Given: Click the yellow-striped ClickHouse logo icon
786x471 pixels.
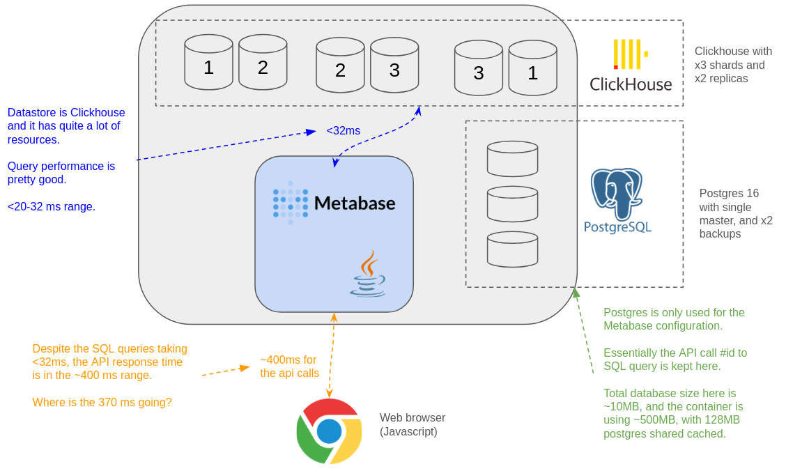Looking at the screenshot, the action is pyautogui.click(x=631, y=54).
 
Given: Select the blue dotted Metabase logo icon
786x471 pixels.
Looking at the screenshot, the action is pyautogui.click(x=291, y=203).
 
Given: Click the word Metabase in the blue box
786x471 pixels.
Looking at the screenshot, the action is pyautogui.click(x=355, y=203).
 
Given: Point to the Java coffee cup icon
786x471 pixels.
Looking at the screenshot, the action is pyautogui.click(x=368, y=274).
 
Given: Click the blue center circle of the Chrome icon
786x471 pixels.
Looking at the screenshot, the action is pyautogui.click(x=330, y=431).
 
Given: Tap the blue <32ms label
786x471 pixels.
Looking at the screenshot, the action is pyautogui.click(x=344, y=131).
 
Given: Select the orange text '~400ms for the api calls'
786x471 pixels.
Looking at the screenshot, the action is pyautogui.click(x=290, y=366).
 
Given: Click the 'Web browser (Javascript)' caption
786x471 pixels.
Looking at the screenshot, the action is pyautogui.click(x=413, y=425).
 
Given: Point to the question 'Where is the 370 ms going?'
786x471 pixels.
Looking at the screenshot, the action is pyautogui.click(x=102, y=402).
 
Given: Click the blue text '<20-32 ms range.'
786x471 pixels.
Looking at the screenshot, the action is pyautogui.click(x=51, y=206).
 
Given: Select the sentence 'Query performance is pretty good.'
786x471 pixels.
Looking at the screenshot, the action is pyautogui.click(x=61, y=173).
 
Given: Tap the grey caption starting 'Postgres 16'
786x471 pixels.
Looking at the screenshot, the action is pyautogui.click(x=736, y=213).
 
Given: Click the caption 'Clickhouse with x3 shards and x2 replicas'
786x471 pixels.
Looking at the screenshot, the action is pyautogui.click(x=733, y=65).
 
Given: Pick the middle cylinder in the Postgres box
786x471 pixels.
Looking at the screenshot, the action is pyautogui.click(x=512, y=204).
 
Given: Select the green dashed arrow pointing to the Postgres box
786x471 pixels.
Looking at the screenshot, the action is pyautogui.click(x=584, y=331).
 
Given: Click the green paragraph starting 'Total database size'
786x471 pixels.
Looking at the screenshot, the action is pyautogui.click(x=672, y=413).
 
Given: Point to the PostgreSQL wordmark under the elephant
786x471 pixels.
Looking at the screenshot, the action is pyautogui.click(x=617, y=227).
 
